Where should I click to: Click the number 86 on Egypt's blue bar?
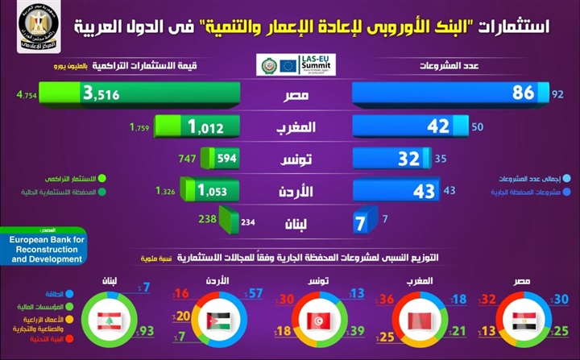(x=523, y=93)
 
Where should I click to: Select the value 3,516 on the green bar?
(x=102, y=95)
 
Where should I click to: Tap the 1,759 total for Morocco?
(x=140, y=126)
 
